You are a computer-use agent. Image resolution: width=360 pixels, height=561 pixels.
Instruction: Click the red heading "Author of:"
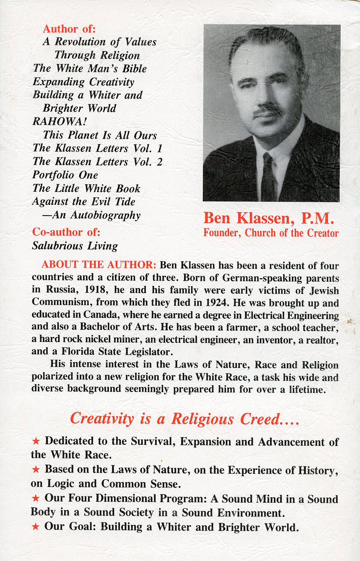[69, 29]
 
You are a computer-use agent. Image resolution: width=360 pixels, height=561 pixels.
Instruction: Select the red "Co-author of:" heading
[66, 232]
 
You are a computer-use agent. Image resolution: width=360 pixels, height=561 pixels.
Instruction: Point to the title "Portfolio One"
[65, 175]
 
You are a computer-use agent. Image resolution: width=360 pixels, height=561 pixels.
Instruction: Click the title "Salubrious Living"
[75, 246]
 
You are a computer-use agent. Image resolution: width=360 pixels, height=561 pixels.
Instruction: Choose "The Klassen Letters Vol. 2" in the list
[97, 162]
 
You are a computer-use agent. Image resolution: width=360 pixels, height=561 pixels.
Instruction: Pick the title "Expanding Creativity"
[83, 82]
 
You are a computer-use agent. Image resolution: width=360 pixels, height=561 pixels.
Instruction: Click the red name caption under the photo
[268, 218]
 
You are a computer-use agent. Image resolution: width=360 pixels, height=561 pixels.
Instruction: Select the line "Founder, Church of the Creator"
[271, 233]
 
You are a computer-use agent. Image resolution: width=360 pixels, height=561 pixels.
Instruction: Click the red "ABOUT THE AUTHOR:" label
[99, 265]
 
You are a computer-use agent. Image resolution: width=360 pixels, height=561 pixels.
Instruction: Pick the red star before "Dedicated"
[36, 441]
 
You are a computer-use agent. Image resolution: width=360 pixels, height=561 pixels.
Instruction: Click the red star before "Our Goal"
[36, 528]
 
